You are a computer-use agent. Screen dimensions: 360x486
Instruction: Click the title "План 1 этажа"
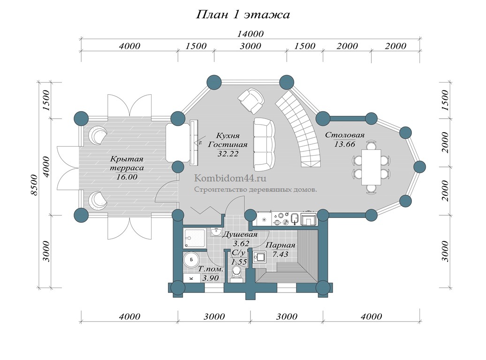point(243,15)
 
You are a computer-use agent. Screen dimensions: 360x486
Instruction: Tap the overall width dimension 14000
point(251,34)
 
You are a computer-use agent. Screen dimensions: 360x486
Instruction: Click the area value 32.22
point(228,153)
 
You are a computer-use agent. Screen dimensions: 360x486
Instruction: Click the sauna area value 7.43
point(281,254)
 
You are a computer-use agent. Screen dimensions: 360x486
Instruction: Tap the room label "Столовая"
point(345,135)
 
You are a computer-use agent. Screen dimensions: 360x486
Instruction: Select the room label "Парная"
point(281,245)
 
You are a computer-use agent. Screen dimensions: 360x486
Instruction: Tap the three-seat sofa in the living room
point(263,144)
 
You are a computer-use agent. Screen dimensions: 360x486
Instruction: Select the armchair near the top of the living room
point(251,100)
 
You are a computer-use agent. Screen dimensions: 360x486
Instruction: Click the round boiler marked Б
point(191,259)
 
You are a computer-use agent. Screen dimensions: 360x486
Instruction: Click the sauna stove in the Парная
point(260,257)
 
